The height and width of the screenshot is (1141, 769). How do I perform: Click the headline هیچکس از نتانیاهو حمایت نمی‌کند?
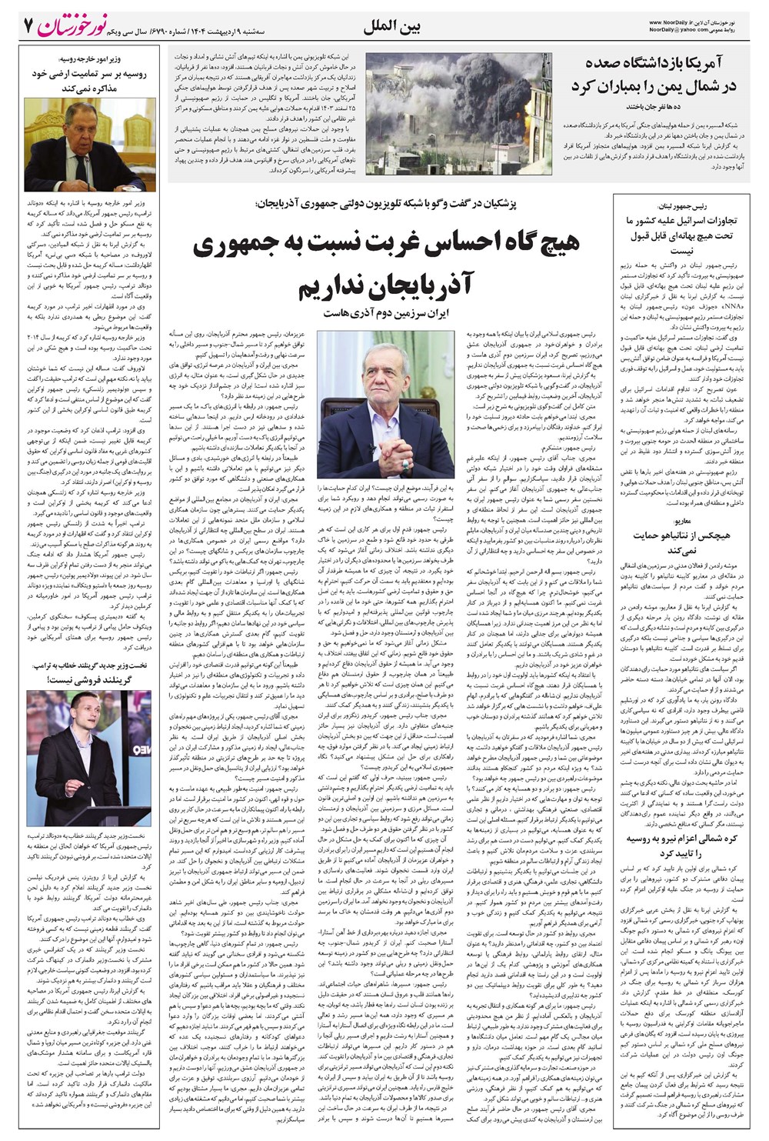(680, 543)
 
